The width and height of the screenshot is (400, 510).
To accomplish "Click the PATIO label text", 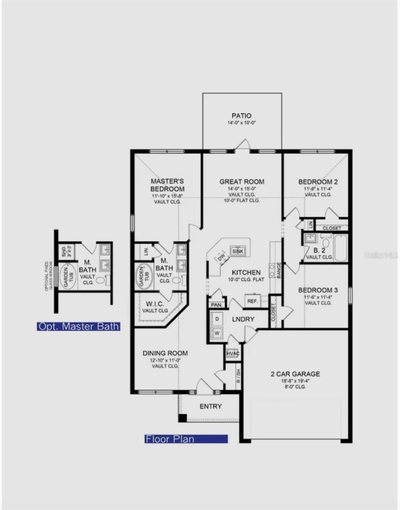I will (241, 116).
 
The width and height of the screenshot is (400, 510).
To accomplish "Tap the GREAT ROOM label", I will (242, 181).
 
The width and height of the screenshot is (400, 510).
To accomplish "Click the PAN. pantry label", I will (216, 305).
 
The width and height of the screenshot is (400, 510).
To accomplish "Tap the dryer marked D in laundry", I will (217, 318).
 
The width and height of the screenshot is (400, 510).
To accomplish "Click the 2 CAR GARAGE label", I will (295, 374).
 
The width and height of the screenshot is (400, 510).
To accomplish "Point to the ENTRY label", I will (211, 406).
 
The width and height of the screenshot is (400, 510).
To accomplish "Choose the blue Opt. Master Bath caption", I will (78, 326).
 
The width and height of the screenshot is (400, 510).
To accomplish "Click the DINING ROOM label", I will (165, 353).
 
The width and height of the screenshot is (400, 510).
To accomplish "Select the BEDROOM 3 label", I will (318, 290).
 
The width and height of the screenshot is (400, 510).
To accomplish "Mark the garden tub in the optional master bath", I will (67, 277).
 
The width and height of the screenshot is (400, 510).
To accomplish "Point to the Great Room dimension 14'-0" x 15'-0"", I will (242, 188).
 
